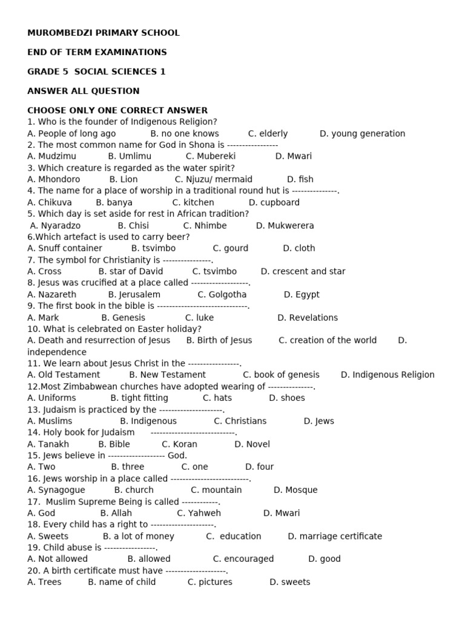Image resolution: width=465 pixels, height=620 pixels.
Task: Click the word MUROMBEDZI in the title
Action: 57,33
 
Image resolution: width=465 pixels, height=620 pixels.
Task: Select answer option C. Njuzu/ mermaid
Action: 213,179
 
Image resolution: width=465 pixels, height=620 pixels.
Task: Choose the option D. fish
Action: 300,179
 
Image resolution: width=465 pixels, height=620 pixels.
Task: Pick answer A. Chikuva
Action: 50,202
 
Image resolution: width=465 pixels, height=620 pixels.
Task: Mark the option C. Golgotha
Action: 222,294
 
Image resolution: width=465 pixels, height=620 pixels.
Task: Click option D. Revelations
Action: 308,317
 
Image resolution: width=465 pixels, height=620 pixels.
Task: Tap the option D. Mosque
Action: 295,490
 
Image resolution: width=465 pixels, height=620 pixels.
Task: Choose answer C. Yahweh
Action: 199,513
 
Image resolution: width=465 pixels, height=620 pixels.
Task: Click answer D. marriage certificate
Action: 335,536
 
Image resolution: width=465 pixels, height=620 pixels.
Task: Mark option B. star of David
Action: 131,271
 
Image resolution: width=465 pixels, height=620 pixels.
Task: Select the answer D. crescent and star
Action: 303,271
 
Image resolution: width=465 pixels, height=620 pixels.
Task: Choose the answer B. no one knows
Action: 185,133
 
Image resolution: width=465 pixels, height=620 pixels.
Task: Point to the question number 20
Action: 33,570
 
